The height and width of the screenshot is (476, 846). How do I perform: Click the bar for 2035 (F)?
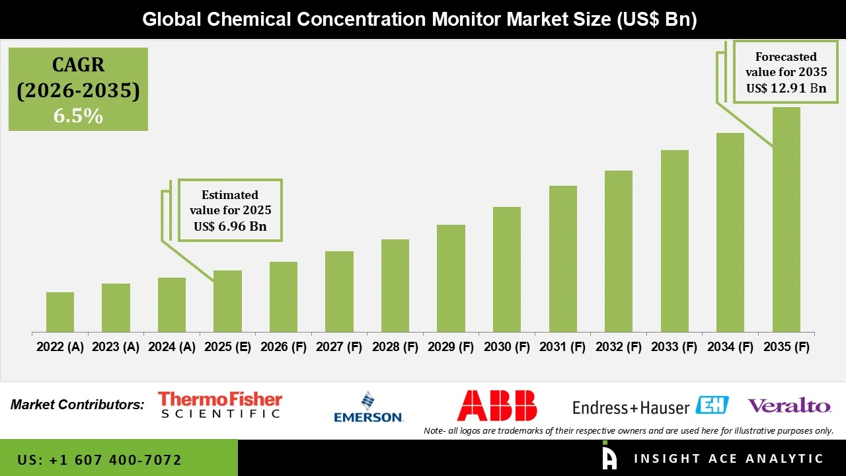click(x=786, y=219)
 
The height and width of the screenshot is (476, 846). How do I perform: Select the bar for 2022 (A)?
click(x=60, y=312)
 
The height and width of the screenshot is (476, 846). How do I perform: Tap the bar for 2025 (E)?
click(x=227, y=301)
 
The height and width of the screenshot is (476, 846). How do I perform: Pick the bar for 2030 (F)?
click(x=506, y=269)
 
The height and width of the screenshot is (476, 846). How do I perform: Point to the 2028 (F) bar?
click(x=395, y=286)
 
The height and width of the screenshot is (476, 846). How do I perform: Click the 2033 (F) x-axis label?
click(x=674, y=347)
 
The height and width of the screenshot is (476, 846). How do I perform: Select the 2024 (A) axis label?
click(x=172, y=347)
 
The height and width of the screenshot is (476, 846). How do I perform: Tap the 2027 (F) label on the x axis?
click(x=339, y=347)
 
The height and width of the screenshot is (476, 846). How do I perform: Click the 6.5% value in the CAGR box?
click(x=78, y=116)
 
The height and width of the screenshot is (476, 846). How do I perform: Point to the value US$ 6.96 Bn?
click(x=230, y=227)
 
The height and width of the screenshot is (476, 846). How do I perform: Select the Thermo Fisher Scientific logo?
click(x=220, y=405)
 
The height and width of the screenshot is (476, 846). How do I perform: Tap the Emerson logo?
click(x=368, y=407)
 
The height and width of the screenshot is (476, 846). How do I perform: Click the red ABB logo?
click(x=496, y=405)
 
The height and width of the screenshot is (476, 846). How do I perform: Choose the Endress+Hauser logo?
click(x=650, y=406)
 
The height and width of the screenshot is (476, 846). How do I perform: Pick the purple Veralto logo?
click(x=789, y=405)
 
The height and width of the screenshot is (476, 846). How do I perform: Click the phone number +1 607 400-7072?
click(x=100, y=459)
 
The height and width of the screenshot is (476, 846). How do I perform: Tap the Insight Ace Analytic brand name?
click(x=728, y=459)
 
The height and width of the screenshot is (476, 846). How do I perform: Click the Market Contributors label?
click(x=77, y=405)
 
